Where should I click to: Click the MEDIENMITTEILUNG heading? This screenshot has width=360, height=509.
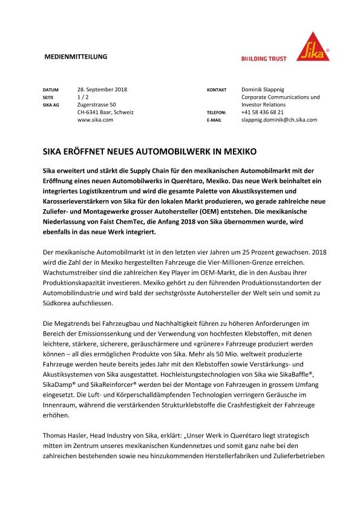(76, 57)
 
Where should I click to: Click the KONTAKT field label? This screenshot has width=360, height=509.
(217, 89)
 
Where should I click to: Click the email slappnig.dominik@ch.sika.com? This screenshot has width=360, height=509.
(279, 120)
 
